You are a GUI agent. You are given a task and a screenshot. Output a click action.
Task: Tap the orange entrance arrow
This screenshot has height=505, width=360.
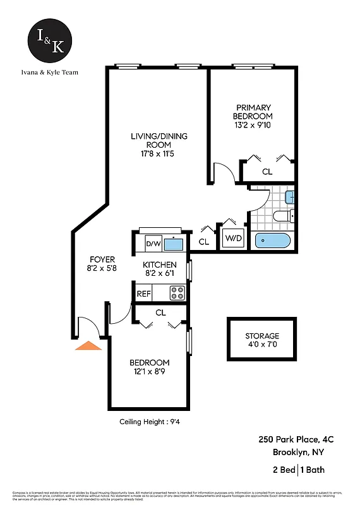[88, 345]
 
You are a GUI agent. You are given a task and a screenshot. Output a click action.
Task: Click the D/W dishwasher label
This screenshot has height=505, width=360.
[153, 243]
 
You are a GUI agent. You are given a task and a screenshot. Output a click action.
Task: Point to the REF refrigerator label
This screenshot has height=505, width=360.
[144, 294]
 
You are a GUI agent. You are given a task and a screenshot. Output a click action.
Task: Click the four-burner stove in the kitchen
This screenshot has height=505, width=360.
[177, 293]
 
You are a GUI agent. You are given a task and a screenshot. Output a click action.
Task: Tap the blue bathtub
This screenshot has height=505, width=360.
[273, 241]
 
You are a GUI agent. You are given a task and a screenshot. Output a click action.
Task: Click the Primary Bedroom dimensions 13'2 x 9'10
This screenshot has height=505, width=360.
[253, 126]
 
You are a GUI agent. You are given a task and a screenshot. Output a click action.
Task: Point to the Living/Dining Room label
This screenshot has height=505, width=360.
[159, 140]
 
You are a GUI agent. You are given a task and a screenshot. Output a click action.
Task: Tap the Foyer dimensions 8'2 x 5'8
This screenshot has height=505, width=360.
[102, 268]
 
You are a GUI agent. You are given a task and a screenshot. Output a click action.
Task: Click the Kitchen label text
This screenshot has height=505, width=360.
[159, 264]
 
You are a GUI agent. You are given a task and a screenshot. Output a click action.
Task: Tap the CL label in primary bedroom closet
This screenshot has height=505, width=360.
[267, 171]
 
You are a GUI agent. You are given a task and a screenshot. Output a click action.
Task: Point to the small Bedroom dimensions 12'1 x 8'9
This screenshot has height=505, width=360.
[149, 371]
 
